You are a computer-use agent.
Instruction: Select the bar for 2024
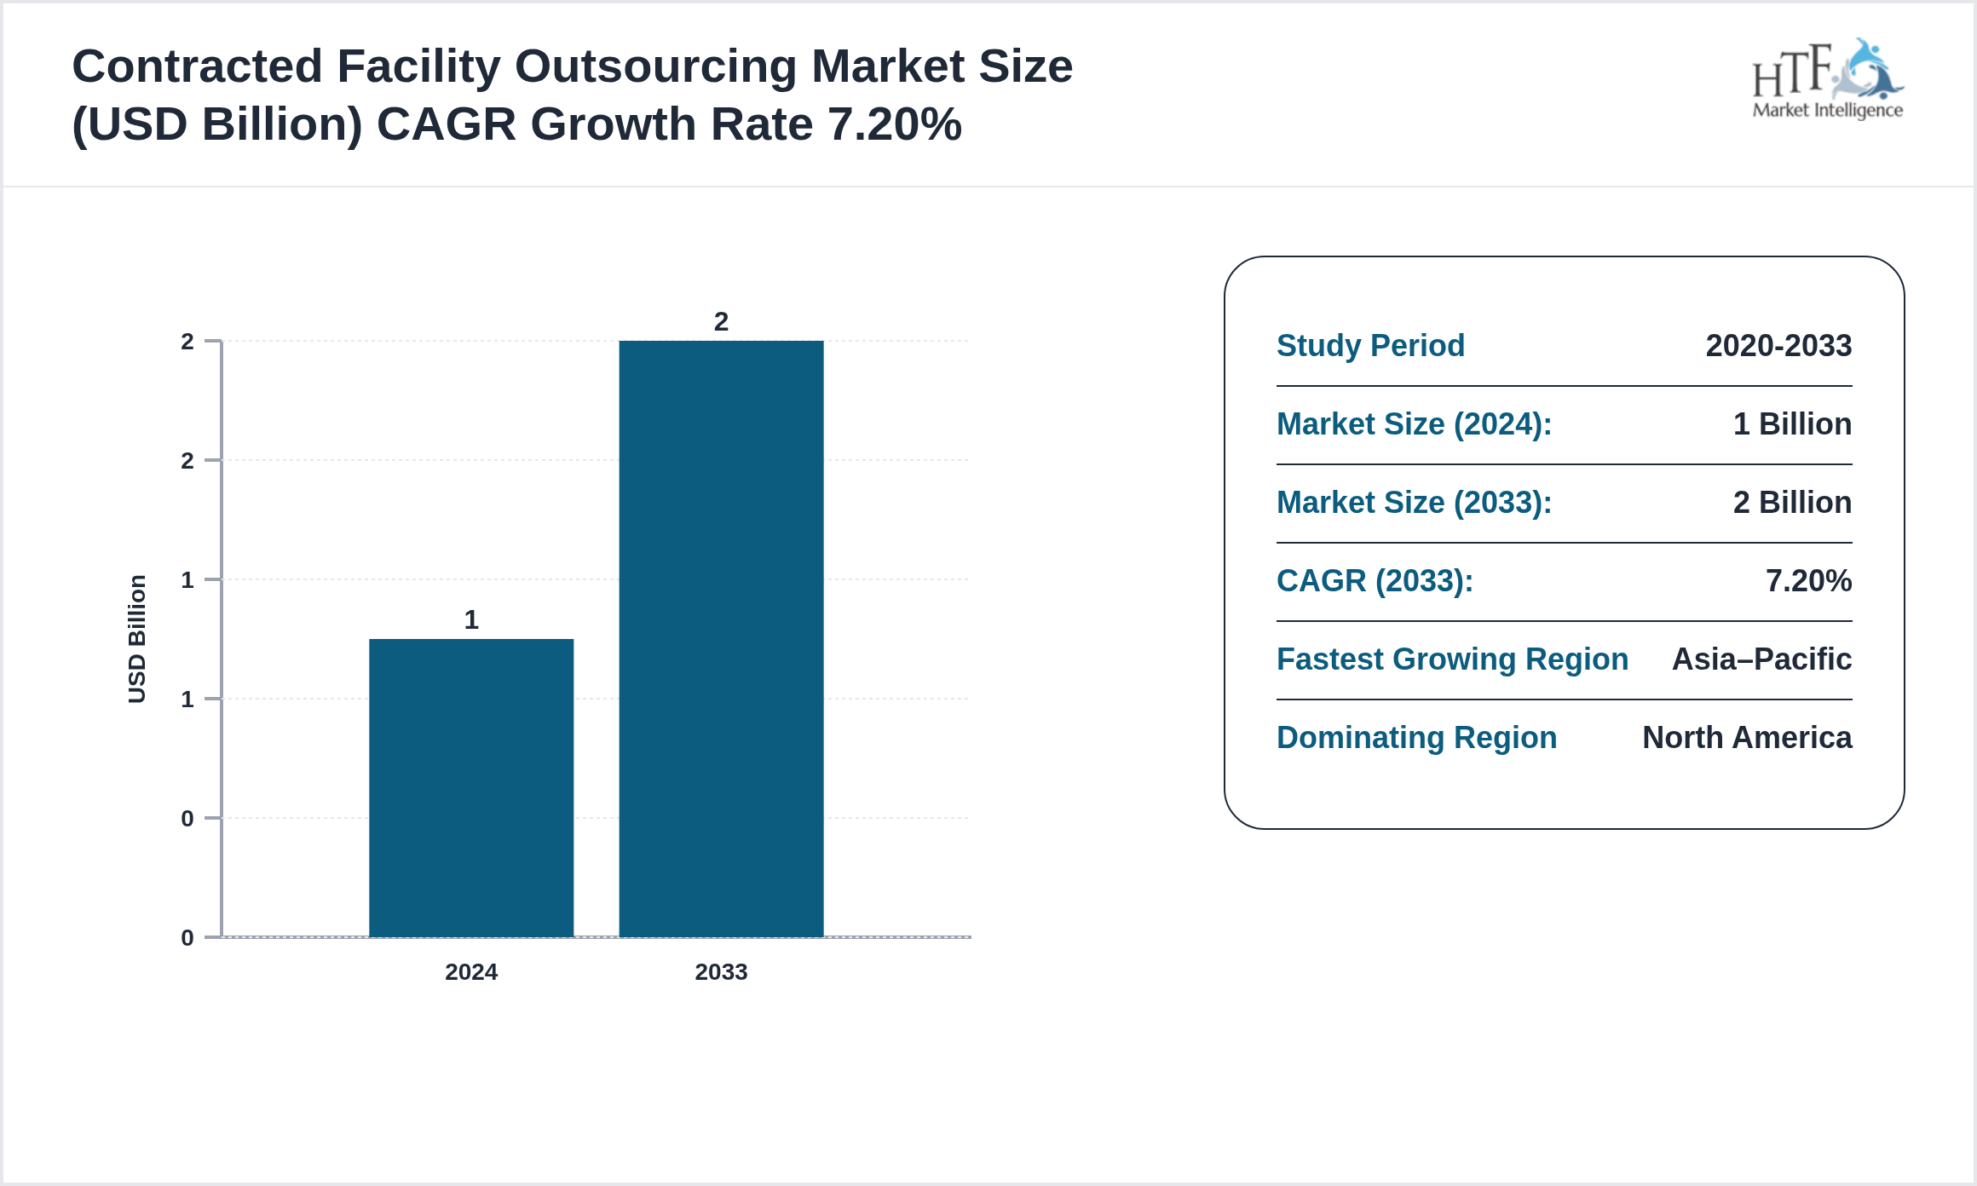tap(471, 788)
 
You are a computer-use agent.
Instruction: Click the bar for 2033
tap(721, 639)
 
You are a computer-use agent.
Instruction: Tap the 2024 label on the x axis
tap(471, 972)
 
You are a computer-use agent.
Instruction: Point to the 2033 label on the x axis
tap(721, 972)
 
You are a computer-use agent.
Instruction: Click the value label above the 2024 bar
tap(471, 619)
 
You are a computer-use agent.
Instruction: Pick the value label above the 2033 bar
tap(721, 322)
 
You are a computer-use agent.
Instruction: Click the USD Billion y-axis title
tap(137, 639)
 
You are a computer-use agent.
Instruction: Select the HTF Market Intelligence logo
tap(1827, 80)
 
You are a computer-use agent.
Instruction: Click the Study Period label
tap(1370, 346)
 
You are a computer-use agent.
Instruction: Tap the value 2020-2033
tap(1778, 346)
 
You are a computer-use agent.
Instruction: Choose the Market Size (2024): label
tap(1414, 424)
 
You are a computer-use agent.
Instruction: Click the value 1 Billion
tap(1792, 424)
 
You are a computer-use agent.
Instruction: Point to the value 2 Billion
tap(1792, 503)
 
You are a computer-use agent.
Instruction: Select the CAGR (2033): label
tap(1375, 581)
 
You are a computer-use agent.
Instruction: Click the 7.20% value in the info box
tap(1808, 581)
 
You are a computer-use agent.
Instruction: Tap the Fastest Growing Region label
tap(1452, 659)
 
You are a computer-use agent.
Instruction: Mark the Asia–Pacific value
tap(1761, 659)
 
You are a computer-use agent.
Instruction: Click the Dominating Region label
tap(1416, 738)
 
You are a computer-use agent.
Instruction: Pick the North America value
tap(1747, 738)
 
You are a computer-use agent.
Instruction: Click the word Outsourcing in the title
tap(655, 66)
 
